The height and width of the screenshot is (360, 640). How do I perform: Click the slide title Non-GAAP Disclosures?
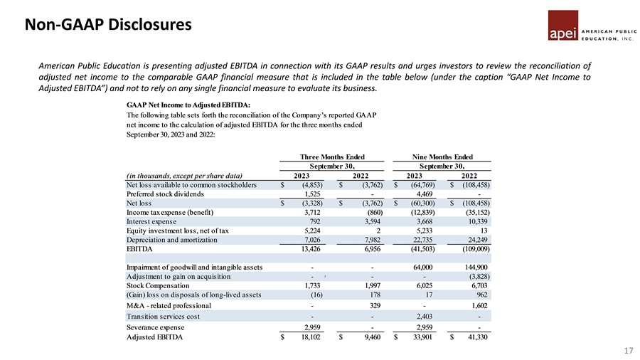tap(109, 25)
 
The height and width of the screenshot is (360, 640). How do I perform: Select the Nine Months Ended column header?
tap(442, 157)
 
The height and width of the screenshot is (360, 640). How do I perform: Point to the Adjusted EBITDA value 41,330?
tap(473, 337)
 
